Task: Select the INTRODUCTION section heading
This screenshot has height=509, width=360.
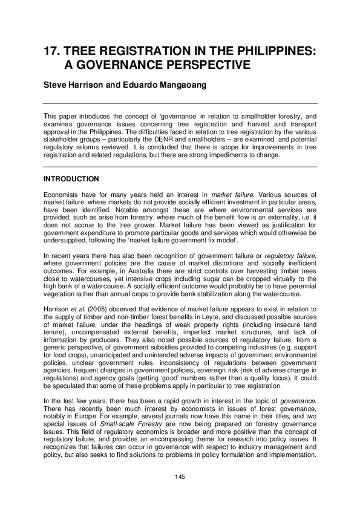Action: [x=71, y=180]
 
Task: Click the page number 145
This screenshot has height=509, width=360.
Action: [x=180, y=478]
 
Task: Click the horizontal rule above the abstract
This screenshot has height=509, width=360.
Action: [x=180, y=104]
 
